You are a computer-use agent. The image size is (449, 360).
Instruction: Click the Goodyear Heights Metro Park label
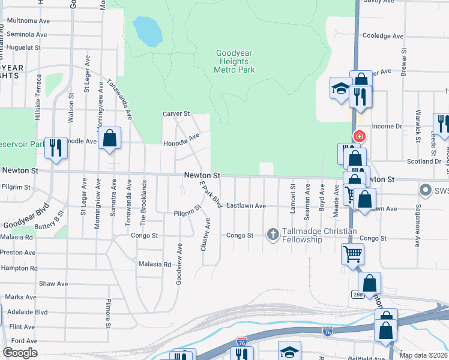point(234,61)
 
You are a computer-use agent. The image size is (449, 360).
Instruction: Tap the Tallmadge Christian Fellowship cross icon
point(273,235)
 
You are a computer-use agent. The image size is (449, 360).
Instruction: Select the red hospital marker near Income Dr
point(360,136)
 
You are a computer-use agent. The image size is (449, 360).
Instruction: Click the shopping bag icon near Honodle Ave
point(110,139)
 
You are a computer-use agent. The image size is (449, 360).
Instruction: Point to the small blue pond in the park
point(148,31)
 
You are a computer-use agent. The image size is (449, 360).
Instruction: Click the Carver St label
point(176,113)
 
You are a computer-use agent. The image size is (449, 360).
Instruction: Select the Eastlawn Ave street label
point(246,206)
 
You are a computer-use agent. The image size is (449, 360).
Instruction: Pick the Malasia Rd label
point(154,264)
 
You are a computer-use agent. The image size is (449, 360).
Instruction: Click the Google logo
point(20,353)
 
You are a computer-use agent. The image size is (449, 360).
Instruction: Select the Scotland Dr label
point(424,161)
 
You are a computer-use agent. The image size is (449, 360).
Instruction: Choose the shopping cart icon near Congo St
point(352,253)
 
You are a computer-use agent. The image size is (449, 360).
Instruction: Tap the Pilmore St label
point(109,313)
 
